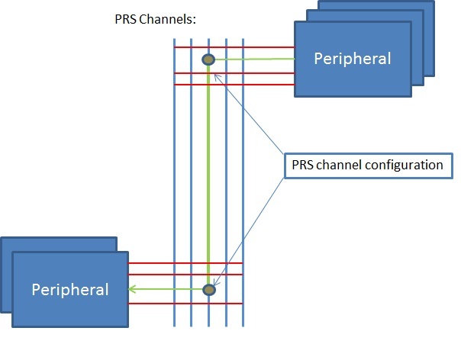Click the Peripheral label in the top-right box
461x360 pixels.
(x=352, y=58)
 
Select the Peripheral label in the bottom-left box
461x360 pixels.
(x=69, y=290)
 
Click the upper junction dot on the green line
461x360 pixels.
(x=208, y=59)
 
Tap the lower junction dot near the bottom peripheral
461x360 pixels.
(x=209, y=290)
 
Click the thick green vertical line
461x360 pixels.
(x=208, y=175)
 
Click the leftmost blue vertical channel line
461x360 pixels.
(x=174, y=191)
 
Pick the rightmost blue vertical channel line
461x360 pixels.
(x=243, y=191)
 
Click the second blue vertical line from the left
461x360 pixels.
(x=191, y=191)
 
